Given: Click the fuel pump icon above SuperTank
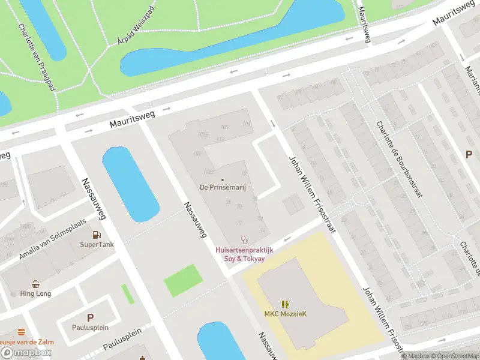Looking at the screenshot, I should tap(97, 235).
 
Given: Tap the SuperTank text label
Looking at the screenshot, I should tap(97, 245).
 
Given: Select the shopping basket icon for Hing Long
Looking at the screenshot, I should tap(35, 284).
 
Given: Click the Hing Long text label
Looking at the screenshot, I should tap(35, 294).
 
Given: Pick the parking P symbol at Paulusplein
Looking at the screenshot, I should tap(90, 317).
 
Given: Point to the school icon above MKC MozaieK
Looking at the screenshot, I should tap(285, 304).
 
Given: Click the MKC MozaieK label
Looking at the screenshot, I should tap(285, 314).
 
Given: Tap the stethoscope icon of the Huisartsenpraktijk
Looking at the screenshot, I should tap(244, 240).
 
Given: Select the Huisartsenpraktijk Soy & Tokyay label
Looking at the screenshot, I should tap(244, 254).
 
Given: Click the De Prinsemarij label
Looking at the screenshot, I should tap(223, 187).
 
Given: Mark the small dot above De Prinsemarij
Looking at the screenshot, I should tap(223, 179).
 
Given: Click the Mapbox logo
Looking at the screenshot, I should tap(26, 353).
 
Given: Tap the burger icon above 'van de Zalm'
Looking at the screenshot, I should tap(22, 332).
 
